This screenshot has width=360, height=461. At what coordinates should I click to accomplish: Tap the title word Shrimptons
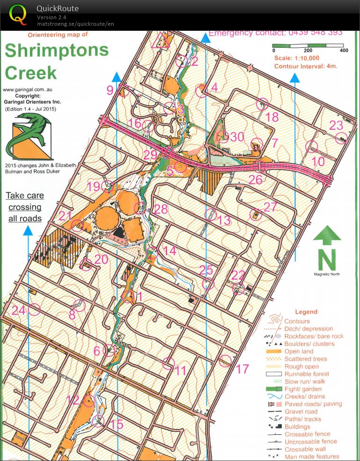(x=57, y=51)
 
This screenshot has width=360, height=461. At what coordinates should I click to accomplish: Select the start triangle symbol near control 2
(x=160, y=41)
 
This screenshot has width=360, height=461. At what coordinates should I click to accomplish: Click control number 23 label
(x=336, y=125)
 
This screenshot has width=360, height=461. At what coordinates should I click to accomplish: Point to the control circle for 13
(x=211, y=215)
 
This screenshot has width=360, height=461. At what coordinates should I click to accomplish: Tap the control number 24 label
(x=18, y=310)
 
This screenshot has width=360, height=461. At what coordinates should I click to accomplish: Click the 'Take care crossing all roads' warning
(x=25, y=207)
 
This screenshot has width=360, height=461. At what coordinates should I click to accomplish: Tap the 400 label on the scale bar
(x=344, y=51)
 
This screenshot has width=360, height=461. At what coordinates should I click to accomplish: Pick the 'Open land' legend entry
(x=299, y=351)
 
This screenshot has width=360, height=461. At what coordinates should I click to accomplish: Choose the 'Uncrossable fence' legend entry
(x=310, y=441)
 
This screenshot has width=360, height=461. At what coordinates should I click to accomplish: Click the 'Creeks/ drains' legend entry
(x=304, y=396)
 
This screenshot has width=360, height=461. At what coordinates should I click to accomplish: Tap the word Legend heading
(x=306, y=312)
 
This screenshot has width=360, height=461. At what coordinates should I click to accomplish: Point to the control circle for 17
(x=226, y=360)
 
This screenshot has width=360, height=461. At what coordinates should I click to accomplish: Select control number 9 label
(x=110, y=90)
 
